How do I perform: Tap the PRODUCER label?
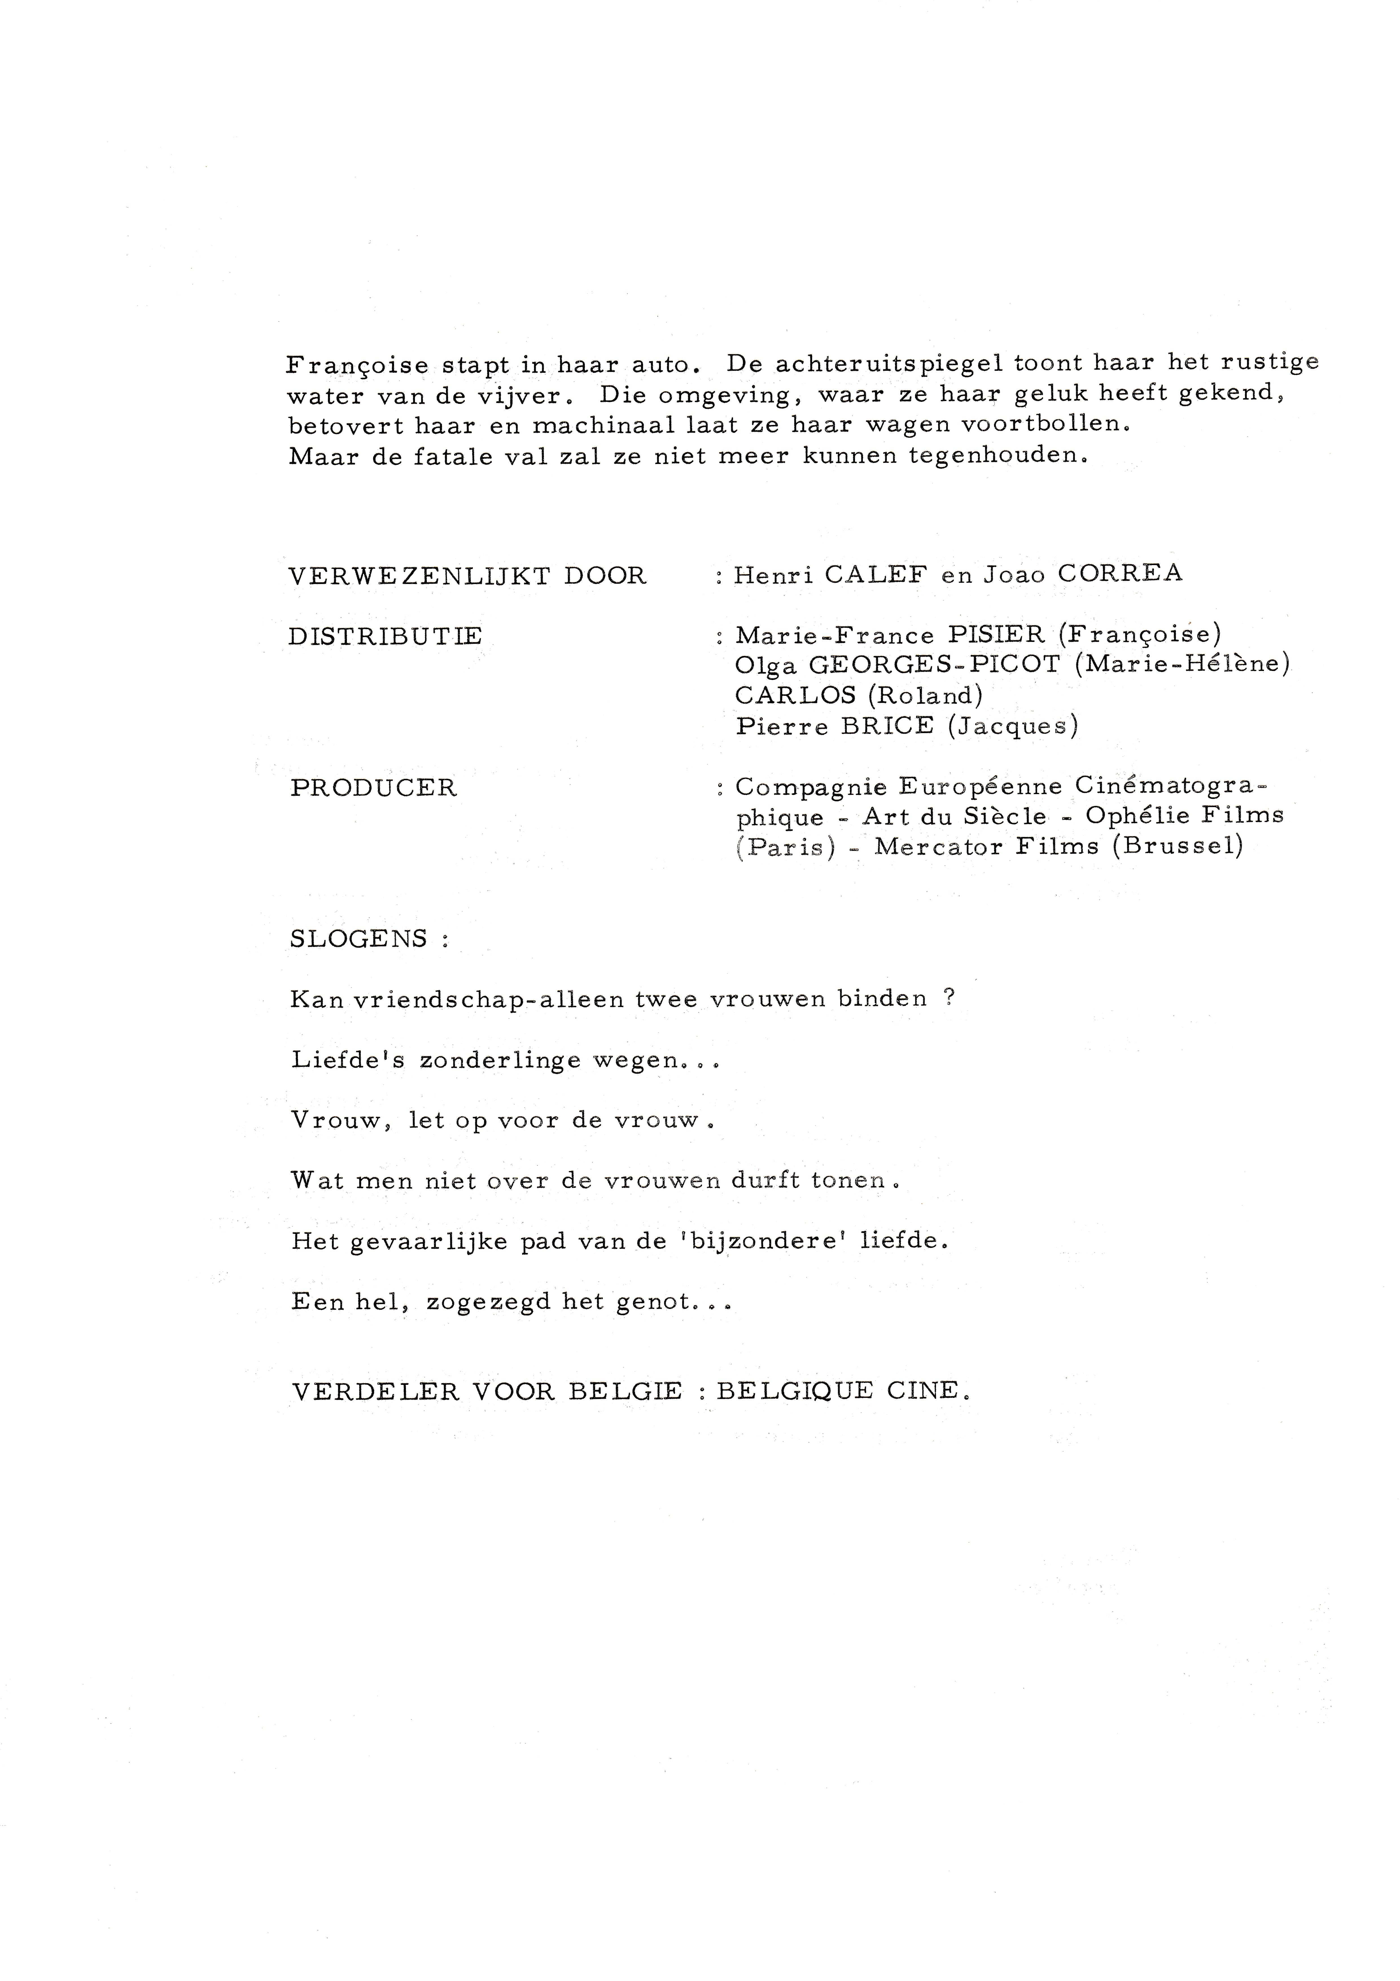(x=373, y=788)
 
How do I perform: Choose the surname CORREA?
(x=1120, y=574)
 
